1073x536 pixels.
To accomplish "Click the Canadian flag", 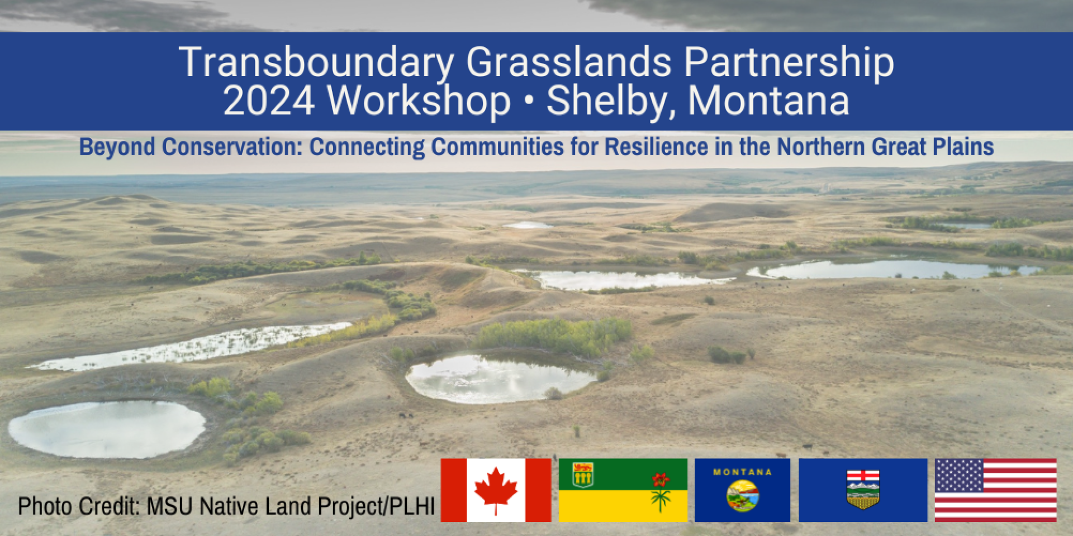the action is (x=496, y=490).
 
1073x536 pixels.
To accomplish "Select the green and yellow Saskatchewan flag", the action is (x=623, y=490).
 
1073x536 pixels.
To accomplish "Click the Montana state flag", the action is (x=742, y=490).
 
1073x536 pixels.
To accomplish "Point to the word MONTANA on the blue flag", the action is (x=742, y=472).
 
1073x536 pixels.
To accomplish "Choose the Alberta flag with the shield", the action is (x=863, y=490).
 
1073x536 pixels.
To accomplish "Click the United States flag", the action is (x=995, y=490).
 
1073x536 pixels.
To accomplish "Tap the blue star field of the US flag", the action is (x=959, y=475).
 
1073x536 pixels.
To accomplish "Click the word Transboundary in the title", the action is (x=316, y=63).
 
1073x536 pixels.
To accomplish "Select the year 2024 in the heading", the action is (x=269, y=101).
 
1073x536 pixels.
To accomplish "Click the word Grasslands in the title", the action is (x=568, y=61).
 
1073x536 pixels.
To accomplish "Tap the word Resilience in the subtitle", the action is (x=657, y=147).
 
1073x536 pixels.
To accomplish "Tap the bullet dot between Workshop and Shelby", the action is (x=528, y=102).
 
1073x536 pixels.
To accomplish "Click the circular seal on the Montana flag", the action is (x=743, y=496).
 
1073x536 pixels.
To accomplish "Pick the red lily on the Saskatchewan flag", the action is (x=661, y=479).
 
